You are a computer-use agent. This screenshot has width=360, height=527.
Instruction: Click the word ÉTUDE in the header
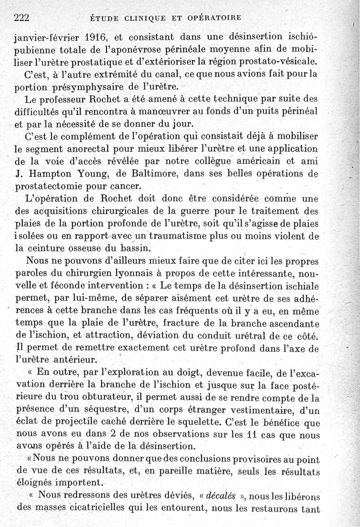tap(103, 18)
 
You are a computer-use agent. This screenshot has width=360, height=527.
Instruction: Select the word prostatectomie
tap(50, 185)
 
